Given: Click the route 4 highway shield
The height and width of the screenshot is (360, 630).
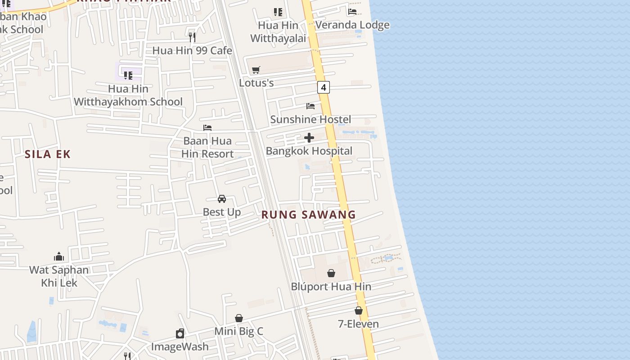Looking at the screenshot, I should pos(323,87).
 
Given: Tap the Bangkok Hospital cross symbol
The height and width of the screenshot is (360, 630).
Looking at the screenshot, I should pos(309,138).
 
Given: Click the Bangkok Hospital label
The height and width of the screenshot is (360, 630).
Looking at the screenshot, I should pos(309,151).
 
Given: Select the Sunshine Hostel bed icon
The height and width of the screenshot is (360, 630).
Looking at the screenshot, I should pos(310,106).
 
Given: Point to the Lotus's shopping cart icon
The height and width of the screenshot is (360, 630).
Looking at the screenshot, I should pos(256,70).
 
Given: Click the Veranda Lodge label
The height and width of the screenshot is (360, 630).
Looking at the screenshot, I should pos(352,25).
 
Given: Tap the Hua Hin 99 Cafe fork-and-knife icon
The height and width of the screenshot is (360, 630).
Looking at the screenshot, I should pos(192,37).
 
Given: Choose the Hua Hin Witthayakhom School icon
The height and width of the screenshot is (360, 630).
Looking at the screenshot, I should pos(128,75).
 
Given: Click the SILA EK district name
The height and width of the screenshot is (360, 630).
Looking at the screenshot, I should pos(48,154).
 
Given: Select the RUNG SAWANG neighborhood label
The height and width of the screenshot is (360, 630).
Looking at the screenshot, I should pos(309,215).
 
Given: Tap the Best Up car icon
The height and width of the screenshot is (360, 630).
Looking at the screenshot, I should pos(221,198).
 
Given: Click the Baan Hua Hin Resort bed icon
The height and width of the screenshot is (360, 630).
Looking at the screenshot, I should pos(207,128).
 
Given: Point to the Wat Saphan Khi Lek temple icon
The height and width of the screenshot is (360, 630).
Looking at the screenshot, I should pos(59,257).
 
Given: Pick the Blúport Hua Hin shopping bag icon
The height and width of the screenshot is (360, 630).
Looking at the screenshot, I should pos(331,273).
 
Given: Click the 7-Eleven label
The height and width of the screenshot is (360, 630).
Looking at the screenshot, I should pos(358,324).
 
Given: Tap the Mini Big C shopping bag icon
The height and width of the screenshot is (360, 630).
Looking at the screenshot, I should pos(239,318).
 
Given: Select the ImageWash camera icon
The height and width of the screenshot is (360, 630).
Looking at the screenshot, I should pos(180,333).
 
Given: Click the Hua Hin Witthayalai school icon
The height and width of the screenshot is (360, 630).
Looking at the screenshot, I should pos(278,12).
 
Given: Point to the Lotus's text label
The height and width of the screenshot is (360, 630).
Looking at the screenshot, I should pos(256,83).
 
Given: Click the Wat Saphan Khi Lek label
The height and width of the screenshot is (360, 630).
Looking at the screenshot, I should pos(59,276).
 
